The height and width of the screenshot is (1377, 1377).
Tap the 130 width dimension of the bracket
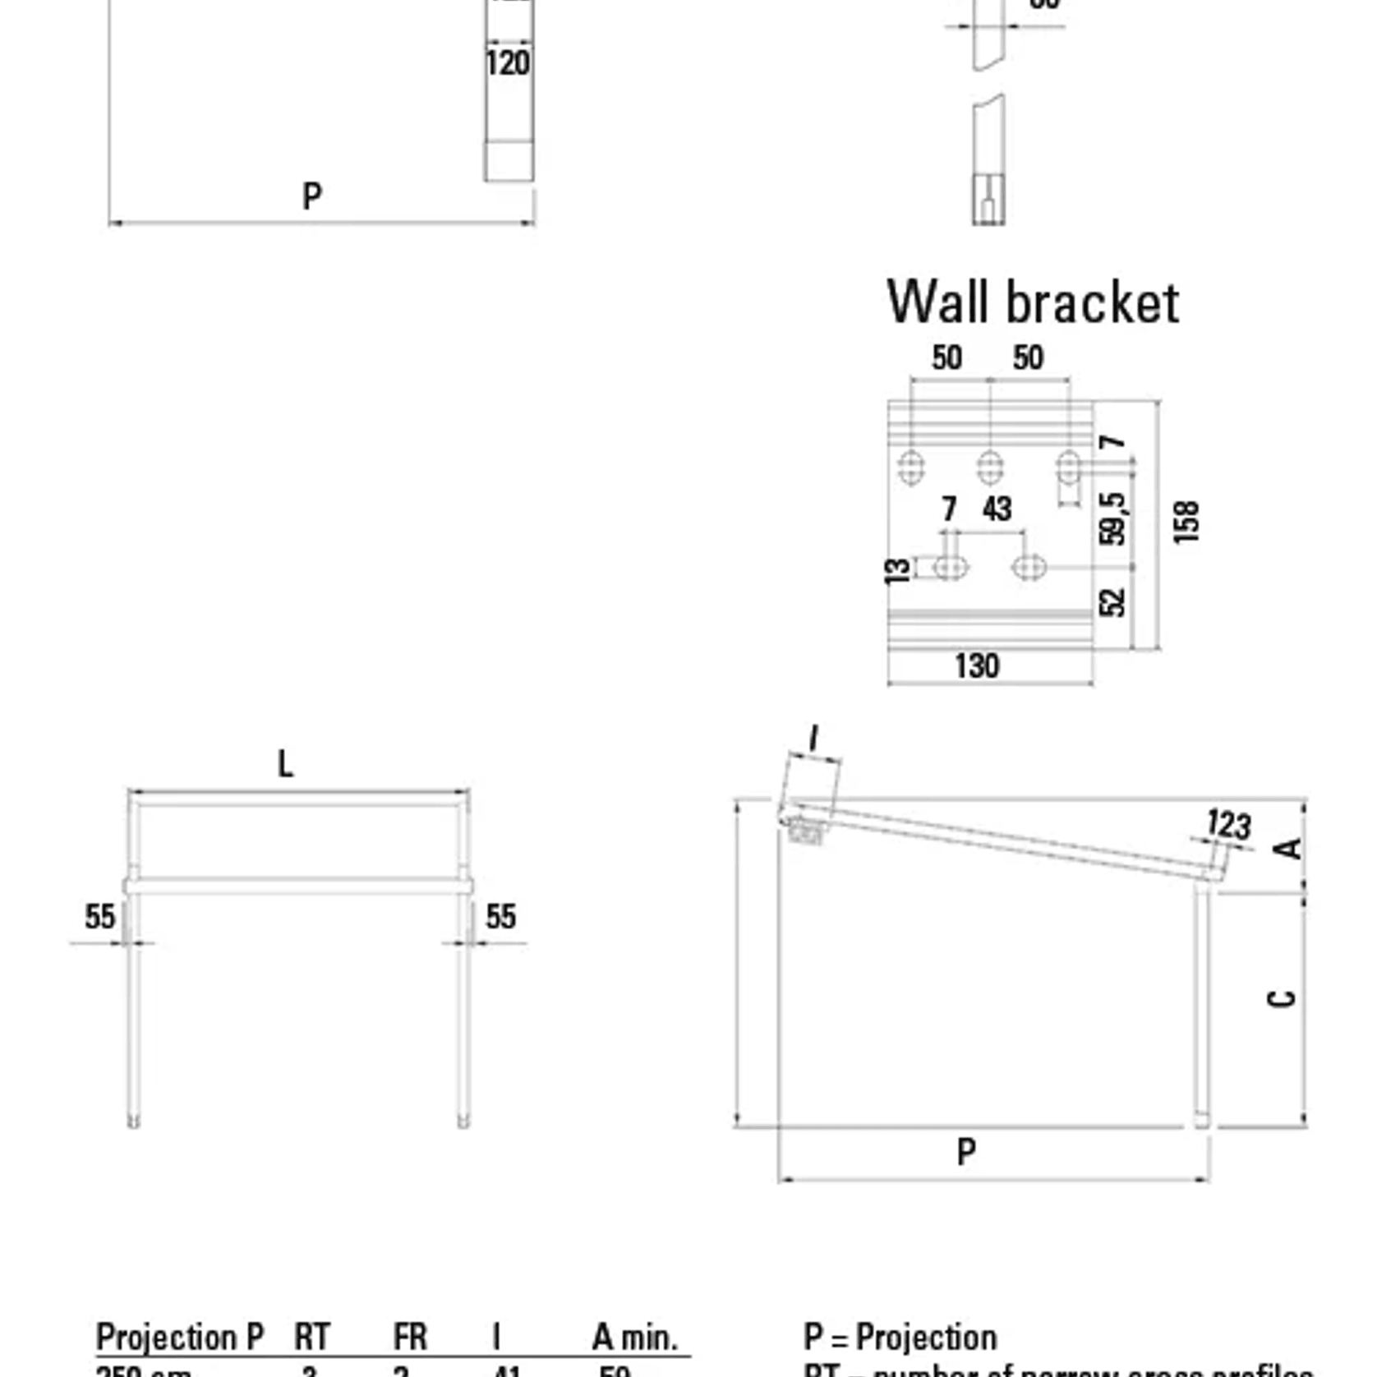tap(977, 665)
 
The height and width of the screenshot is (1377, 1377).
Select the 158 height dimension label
tap(1186, 522)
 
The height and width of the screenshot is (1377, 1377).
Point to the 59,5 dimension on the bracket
tap(1112, 518)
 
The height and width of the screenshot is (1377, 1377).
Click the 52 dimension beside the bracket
tap(1112, 602)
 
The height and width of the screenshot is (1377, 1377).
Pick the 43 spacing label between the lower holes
tap(997, 509)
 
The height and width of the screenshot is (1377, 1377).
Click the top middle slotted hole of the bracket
tap(990, 467)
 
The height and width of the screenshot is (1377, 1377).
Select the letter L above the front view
tap(285, 764)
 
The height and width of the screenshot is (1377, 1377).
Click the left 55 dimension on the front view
tap(100, 916)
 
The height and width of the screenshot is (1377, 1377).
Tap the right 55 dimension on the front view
tap(500, 916)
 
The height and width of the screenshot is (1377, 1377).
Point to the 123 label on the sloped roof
tap(1229, 824)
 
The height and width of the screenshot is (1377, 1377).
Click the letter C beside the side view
tap(1282, 998)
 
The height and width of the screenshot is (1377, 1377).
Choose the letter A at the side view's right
tap(1290, 847)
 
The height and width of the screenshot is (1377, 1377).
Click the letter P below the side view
tap(966, 1152)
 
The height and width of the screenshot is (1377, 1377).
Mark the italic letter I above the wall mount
tap(813, 738)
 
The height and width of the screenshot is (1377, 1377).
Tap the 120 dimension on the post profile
tap(508, 63)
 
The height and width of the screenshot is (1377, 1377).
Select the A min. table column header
tap(635, 1337)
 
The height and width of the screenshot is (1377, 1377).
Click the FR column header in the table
tap(410, 1337)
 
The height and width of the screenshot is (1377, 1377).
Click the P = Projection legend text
tap(900, 1337)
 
